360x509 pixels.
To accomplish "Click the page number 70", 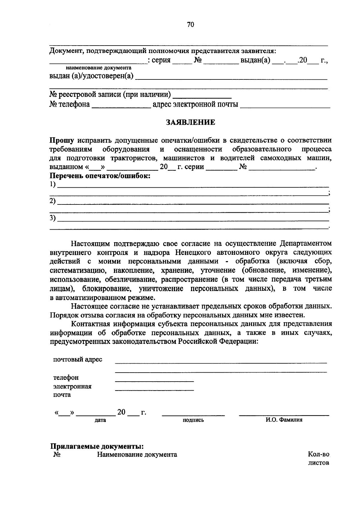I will pyautogui.click(x=190, y=25).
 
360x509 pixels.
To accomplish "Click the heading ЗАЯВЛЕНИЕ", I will pyautogui.click(x=190, y=122).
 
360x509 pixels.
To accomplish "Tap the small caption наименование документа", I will pyautogui.click(x=99, y=68).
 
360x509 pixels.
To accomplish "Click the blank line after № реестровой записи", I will pyautogui.click(x=202, y=96).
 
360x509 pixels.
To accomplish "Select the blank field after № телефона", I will pyautogui.click(x=121, y=105).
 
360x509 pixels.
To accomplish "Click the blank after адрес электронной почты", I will pyautogui.click(x=285, y=105).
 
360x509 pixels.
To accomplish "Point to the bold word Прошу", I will pyautogui.click(x=62, y=140).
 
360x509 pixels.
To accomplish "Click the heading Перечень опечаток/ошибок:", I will pyautogui.click(x=100, y=176).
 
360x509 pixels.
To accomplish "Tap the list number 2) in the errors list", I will pyautogui.click(x=53, y=201).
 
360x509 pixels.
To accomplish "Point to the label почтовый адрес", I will pyautogui.click(x=78, y=359).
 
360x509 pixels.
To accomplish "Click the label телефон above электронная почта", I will pyautogui.click(x=66, y=377).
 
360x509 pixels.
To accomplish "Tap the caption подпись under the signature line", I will pyautogui.click(x=193, y=420).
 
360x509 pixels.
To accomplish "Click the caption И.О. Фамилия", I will pyautogui.click(x=284, y=420).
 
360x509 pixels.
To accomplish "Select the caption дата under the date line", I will pyautogui.click(x=100, y=420).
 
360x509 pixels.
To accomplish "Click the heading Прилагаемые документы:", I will pyautogui.click(x=97, y=446).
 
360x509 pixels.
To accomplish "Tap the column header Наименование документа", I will pyautogui.click(x=137, y=455).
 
